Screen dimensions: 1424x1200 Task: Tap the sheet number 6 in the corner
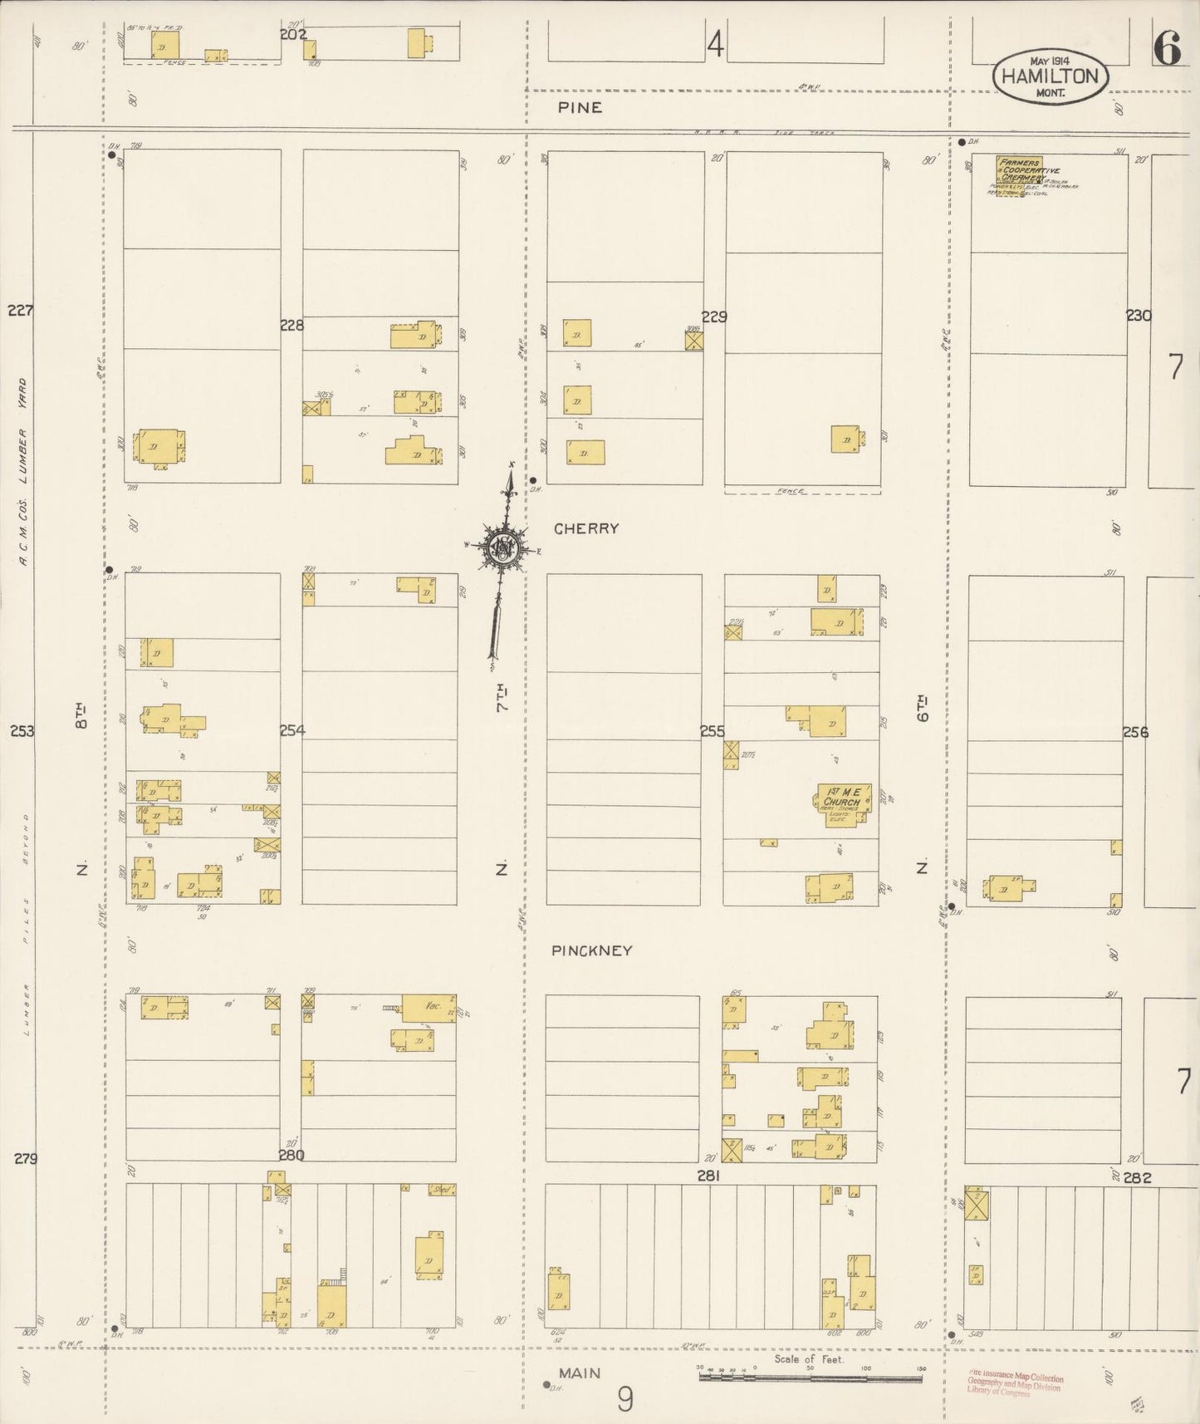1166,51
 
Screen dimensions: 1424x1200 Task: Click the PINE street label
580,108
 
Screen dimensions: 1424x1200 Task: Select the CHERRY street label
586,528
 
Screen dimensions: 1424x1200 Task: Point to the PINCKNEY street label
591,950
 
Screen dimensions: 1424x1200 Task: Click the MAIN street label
580,1373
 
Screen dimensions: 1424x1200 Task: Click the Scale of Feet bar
811,1377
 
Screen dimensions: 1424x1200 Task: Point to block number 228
291,326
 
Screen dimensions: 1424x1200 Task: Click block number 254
291,730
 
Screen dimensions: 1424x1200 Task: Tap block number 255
713,731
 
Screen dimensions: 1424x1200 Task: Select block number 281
708,1176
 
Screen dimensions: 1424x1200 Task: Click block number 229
714,317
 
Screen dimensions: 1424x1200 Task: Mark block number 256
1135,732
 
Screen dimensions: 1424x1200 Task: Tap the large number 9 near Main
624,1400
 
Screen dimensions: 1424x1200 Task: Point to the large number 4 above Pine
715,45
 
